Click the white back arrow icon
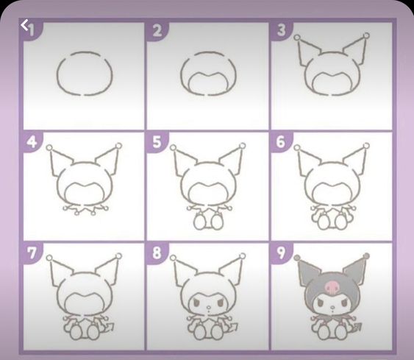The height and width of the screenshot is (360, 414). [x=24, y=25]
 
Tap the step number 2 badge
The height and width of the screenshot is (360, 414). [x=157, y=31]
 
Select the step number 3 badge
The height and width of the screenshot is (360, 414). [x=281, y=30]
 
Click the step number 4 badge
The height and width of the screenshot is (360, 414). [x=32, y=141]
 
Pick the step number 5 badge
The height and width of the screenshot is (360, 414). [x=157, y=141]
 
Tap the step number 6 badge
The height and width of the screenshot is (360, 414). [x=281, y=141]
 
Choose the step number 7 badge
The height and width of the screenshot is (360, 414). [x=32, y=253]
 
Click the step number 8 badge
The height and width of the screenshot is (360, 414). [x=157, y=253]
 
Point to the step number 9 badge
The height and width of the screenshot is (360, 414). [x=281, y=253]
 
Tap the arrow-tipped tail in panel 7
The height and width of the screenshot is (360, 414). [x=109, y=327]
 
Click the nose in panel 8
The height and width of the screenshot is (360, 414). [x=208, y=308]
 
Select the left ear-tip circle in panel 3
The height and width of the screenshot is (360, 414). [x=297, y=38]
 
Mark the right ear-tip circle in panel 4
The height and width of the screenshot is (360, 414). [x=119, y=146]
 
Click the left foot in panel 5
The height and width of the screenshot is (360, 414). [x=199, y=222]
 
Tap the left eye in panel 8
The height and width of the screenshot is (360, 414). [x=196, y=303]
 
